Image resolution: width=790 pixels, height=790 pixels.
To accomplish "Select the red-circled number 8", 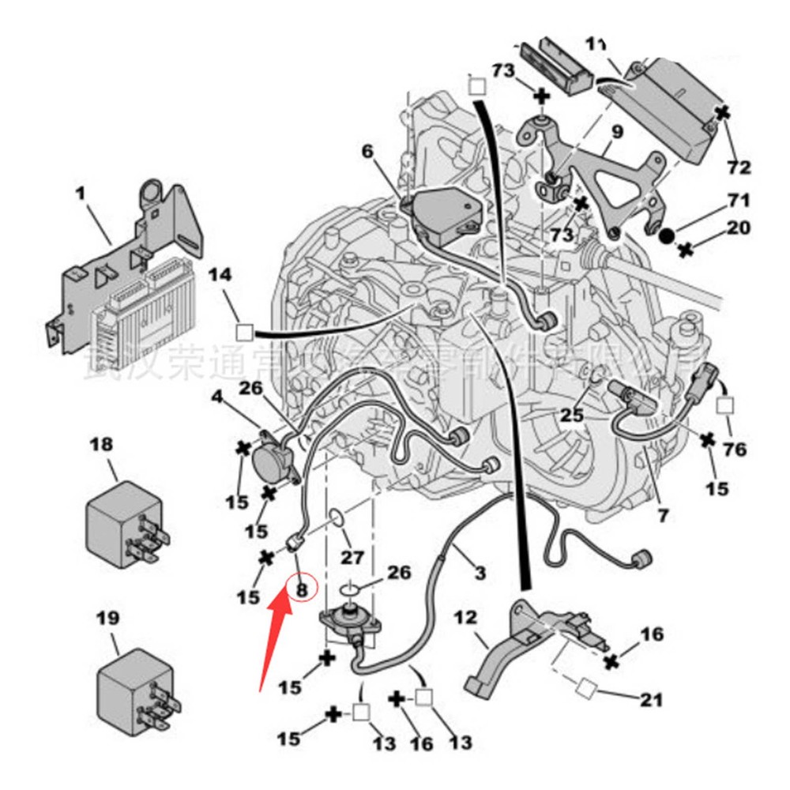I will click(301, 588).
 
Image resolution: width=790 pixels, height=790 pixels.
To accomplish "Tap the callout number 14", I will click(220, 275).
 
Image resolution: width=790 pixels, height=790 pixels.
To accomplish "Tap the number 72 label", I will click(739, 167).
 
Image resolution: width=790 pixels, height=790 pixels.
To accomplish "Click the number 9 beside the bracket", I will click(617, 131).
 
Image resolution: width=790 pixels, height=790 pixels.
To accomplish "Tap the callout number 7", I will click(662, 516).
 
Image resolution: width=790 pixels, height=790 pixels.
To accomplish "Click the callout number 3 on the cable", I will click(480, 571).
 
